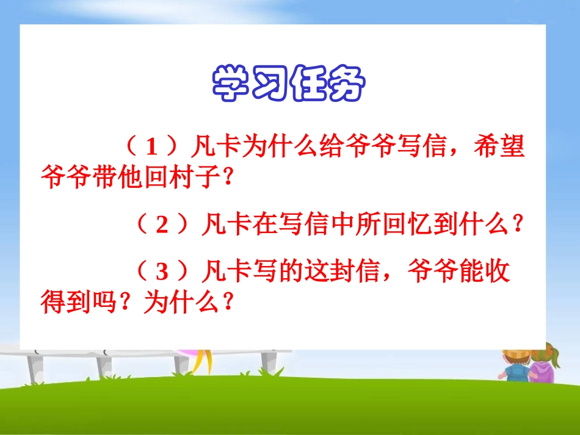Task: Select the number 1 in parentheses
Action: pyautogui.click(x=153, y=148)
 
